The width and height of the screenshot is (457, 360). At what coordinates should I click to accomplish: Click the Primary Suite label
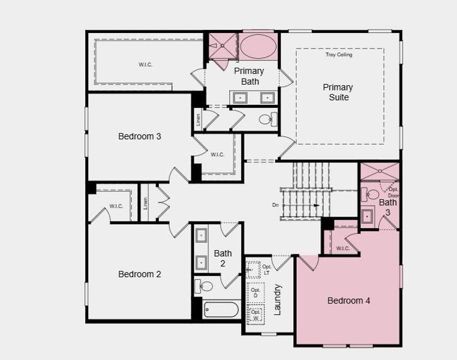click(x=338, y=92)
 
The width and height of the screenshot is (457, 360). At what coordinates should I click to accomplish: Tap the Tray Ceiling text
click(x=339, y=55)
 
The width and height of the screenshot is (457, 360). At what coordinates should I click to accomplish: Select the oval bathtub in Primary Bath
click(x=257, y=46)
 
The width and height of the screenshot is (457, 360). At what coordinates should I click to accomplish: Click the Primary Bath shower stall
click(x=222, y=45)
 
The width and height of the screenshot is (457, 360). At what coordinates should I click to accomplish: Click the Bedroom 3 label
click(x=139, y=136)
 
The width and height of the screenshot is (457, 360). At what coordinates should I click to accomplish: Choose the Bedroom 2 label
click(x=139, y=274)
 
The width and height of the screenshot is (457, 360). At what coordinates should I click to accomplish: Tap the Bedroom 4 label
click(x=348, y=301)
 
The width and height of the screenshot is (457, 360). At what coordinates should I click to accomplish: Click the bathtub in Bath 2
click(x=221, y=309)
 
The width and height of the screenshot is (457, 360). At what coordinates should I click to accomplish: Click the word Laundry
click(x=277, y=299)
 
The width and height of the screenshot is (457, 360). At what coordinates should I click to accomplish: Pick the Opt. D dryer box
click(x=255, y=292)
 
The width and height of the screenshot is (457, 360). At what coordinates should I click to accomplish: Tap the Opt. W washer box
click(x=255, y=314)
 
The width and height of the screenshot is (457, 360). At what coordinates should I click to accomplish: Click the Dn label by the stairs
click(x=275, y=205)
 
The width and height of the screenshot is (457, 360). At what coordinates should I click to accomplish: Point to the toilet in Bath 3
click(x=371, y=194)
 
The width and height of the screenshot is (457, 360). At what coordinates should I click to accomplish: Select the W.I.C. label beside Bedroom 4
click(x=342, y=248)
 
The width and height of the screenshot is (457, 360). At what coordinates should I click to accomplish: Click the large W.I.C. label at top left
click(x=145, y=64)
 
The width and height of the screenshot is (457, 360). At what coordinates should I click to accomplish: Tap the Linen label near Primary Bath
click(x=198, y=119)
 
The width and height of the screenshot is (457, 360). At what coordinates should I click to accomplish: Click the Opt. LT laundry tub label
click(x=267, y=269)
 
